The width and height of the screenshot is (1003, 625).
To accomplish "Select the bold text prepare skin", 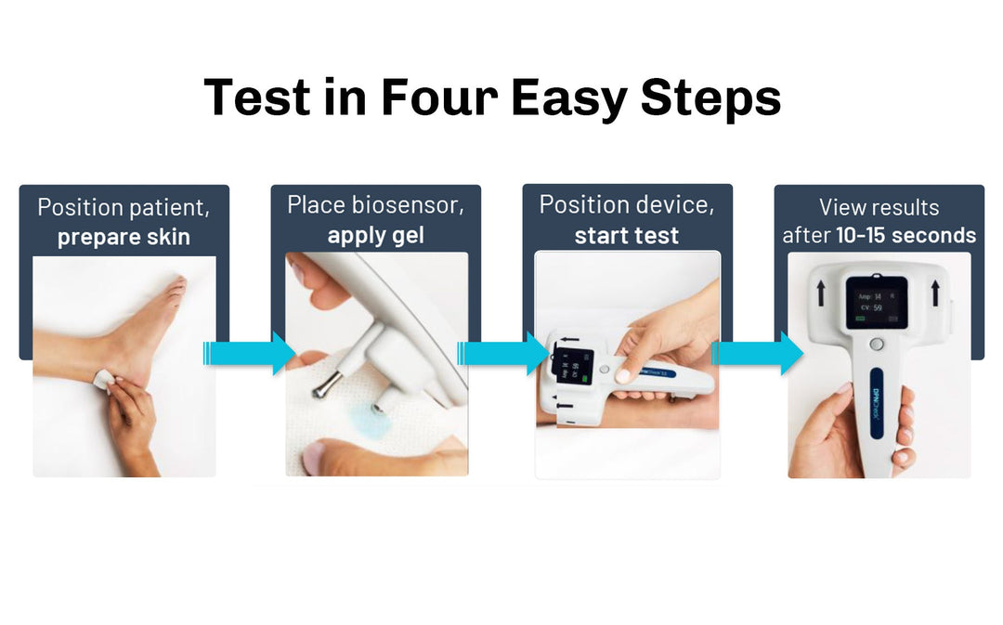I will click(124, 237).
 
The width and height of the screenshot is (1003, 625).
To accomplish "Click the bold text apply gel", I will click(375, 236).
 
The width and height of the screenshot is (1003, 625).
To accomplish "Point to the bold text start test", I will click(627, 236).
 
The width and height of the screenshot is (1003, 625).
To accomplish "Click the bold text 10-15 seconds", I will click(905, 236).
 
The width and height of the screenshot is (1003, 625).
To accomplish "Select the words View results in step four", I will click(879, 207).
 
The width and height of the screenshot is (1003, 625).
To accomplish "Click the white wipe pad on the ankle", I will click(103, 380).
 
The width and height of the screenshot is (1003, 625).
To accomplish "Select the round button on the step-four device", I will click(876, 345).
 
